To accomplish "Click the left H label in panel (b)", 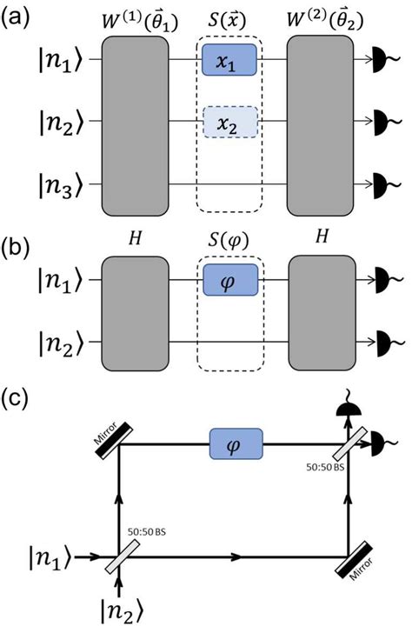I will point(133,241).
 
